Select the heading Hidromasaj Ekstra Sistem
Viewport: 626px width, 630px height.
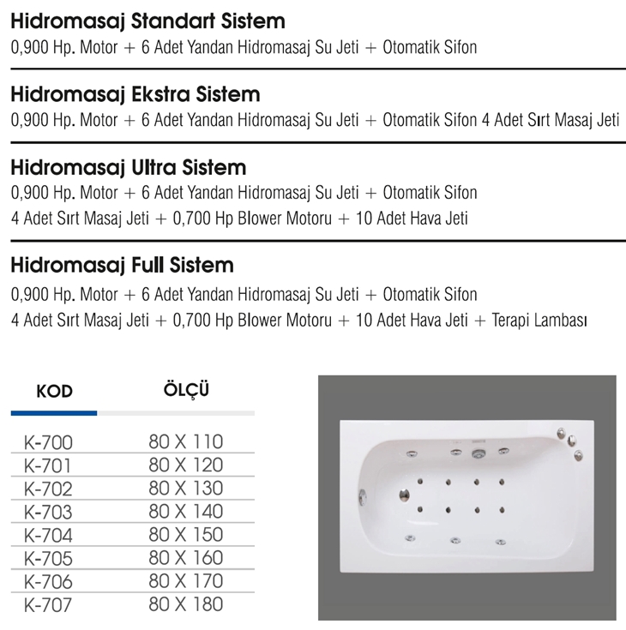coord(135,93)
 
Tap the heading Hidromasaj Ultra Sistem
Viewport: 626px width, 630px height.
coord(128,166)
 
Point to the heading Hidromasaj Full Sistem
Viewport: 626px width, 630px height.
coord(122,265)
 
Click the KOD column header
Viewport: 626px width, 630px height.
coord(55,392)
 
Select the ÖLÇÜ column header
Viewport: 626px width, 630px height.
coord(186,390)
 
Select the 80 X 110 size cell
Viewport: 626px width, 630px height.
coord(185,442)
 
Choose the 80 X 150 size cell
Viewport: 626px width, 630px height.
coord(185,535)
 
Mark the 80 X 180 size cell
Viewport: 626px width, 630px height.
coord(185,604)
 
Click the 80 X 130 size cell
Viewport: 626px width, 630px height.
coord(185,489)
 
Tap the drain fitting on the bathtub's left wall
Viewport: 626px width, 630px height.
coord(363,497)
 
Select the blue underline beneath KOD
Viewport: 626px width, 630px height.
coord(54,413)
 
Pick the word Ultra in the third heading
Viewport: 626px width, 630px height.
coord(161,166)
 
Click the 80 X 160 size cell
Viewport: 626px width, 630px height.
coord(185,558)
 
